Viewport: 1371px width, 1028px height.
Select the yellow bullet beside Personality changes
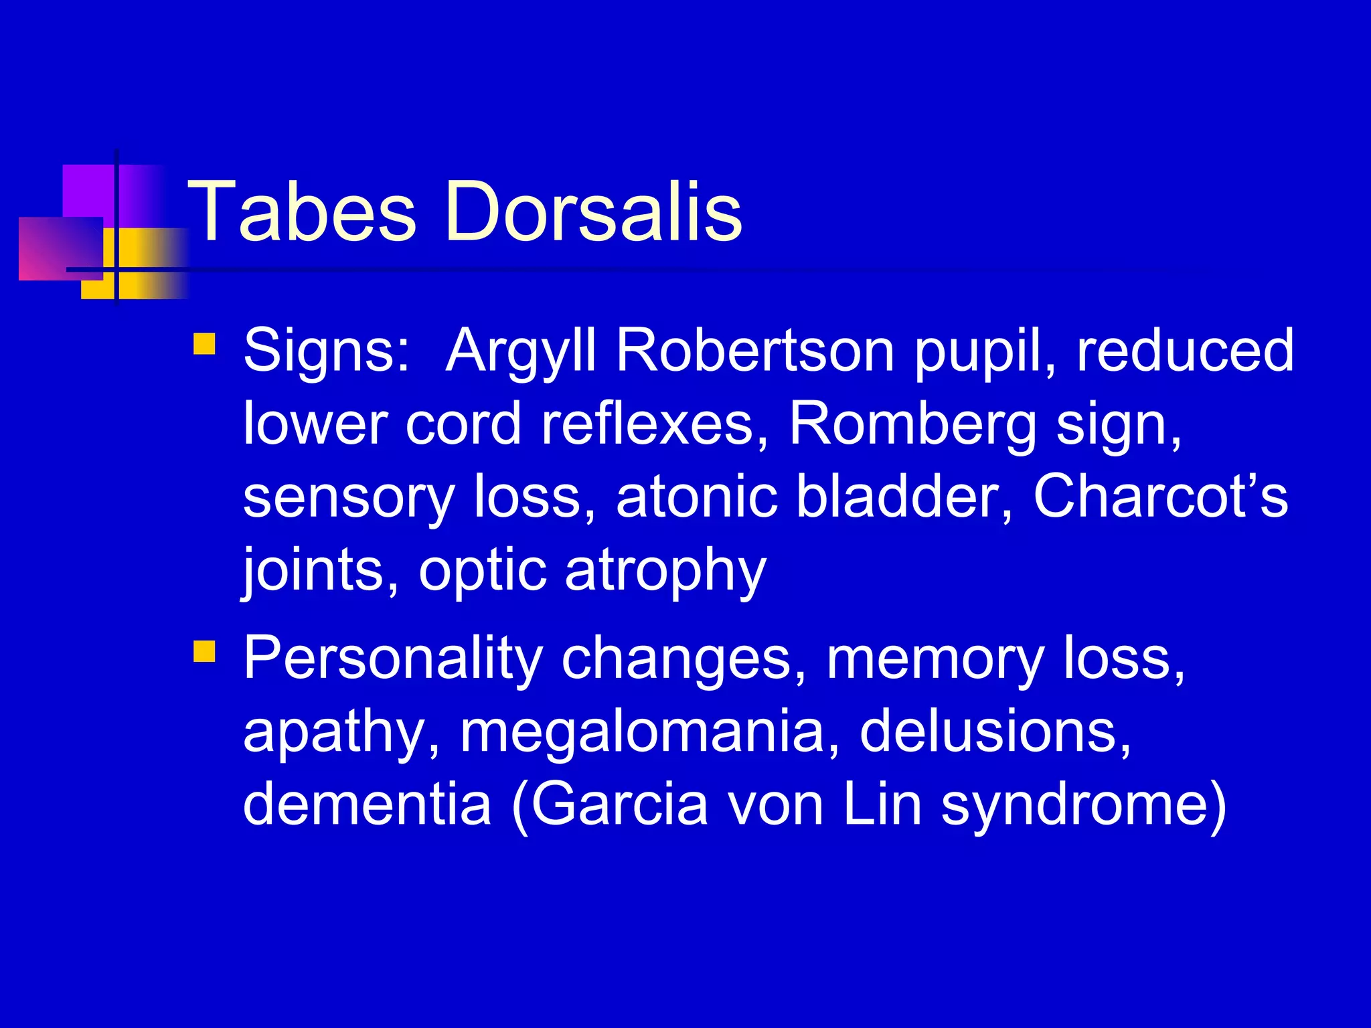[x=204, y=651]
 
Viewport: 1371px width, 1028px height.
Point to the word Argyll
[x=520, y=352]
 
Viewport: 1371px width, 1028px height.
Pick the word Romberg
[x=912, y=425]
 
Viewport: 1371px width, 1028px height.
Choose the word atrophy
[x=665, y=572]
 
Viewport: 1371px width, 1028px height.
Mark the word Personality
[x=392, y=659]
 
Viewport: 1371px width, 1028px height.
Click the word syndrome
[x=1076, y=805]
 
